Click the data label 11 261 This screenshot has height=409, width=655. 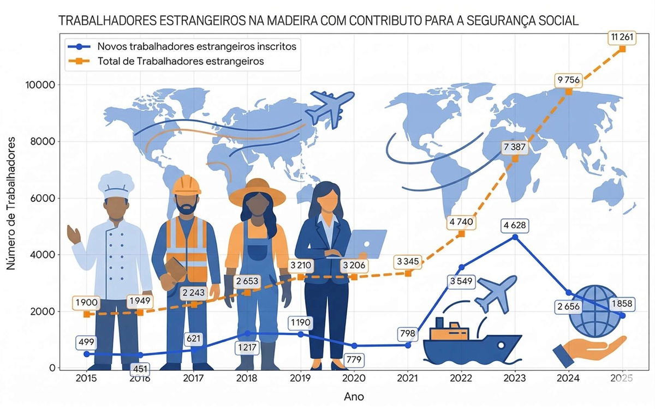click(622, 38)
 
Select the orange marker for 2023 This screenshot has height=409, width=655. click(515, 159)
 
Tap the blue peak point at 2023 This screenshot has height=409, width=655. click(515, 237)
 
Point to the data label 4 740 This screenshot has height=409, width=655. click(461, 222)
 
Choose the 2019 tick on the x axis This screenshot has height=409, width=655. click(300, 378)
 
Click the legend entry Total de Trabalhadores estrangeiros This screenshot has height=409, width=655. click(180, 61)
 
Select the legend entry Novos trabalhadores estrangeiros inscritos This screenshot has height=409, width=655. click(196, 46)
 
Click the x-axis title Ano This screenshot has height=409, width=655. click(354, 397)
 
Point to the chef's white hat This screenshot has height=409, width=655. click(116, 184)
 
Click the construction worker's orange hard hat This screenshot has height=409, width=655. click(186, 185)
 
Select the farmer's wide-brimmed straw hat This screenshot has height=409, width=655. click(257, 191)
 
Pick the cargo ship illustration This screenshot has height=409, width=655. click(472, 341)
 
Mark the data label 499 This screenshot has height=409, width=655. click(87, 342)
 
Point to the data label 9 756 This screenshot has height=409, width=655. click(568, 80)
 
